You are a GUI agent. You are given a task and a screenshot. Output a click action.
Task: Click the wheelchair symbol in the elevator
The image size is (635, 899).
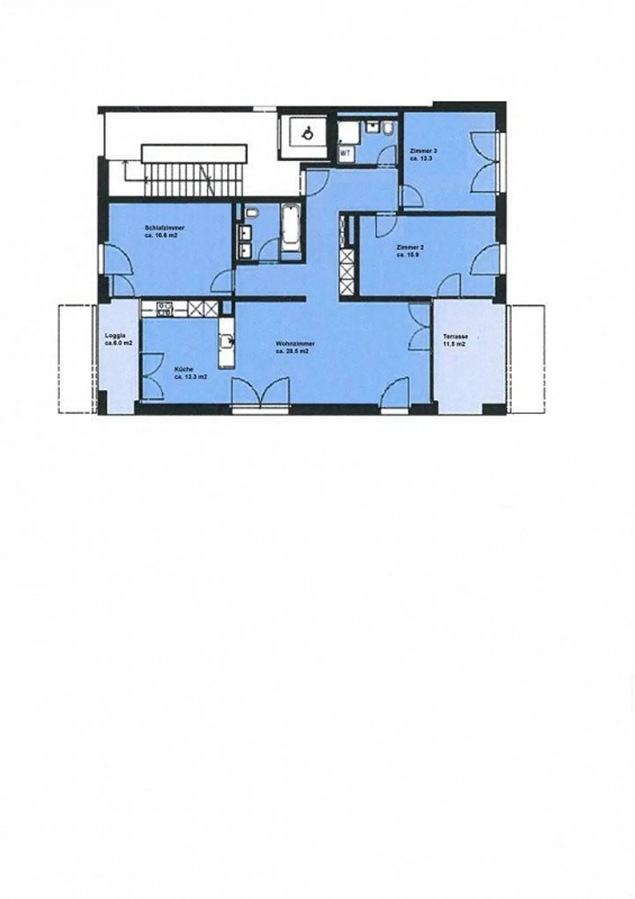(x=307, y=132)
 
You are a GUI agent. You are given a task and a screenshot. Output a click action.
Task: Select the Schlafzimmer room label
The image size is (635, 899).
(x=164, y=228)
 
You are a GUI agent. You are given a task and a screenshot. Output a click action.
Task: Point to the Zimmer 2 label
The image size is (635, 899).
(x=410, y=248)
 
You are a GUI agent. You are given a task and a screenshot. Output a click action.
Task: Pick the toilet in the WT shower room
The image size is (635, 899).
(x=388, y=128)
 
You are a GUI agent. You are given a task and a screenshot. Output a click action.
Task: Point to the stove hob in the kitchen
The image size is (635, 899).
(x=164, y=308)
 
